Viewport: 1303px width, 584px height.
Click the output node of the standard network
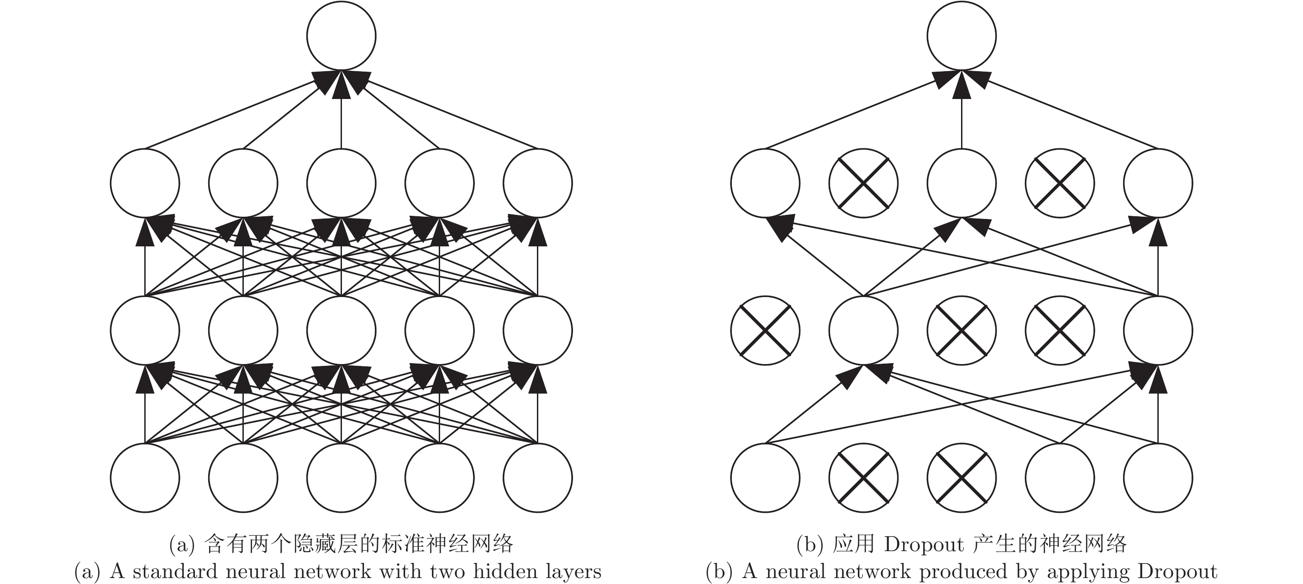click(x=341, y=36)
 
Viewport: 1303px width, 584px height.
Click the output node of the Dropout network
click(x=961, y=36)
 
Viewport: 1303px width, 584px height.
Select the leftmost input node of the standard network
click(x=145, y=477)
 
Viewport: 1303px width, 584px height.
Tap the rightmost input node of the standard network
click(x=537, y=477)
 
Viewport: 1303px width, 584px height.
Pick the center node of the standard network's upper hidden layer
click(x=341, y=183)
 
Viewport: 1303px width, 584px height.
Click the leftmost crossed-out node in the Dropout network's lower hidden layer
click(x=765, y=330)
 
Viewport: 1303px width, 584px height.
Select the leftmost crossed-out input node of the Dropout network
click(x=863, y=477)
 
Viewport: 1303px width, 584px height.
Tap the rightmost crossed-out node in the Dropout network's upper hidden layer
click(x=1059, y=183)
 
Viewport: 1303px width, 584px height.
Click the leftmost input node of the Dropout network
click(x=765, y=477)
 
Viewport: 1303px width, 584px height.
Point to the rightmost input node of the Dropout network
click(x=1157, y=477)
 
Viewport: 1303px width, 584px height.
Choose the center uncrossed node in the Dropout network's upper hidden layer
click(x=961, y=183)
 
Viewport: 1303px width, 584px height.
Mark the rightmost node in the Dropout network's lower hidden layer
click(x=1157, y=330)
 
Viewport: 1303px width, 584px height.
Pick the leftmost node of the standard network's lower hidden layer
click(x=145, y=330)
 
